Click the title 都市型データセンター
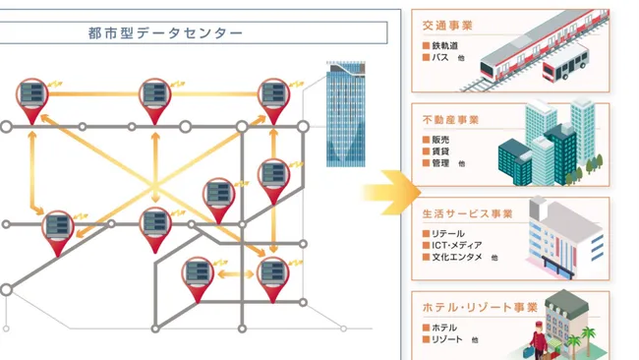166,33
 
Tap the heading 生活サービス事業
467,213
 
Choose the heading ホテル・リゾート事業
472,307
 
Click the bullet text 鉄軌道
446,46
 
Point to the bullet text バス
439,58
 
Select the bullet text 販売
440,140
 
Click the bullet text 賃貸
440,151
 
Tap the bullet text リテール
448,233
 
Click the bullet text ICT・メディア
457,245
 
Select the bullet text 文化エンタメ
454,257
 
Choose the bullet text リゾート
447,338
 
